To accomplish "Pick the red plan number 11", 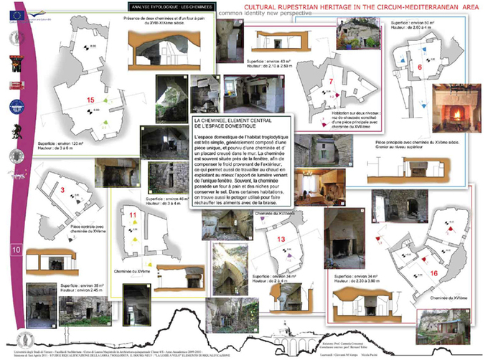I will click(133, 214).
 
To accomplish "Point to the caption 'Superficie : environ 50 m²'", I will click(415, 24).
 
